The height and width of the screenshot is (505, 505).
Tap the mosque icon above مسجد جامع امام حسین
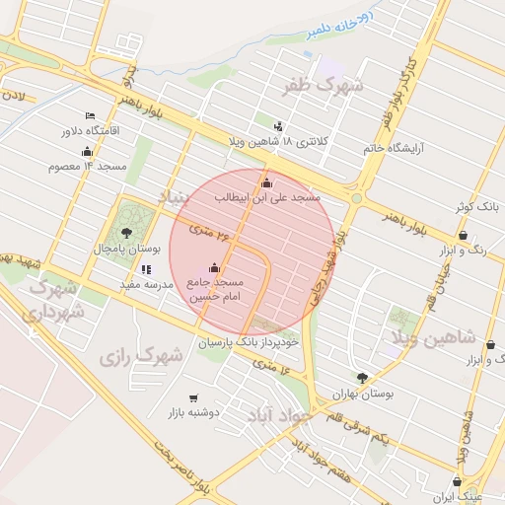click(215, 268)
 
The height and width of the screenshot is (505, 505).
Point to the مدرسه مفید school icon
click(147, 269)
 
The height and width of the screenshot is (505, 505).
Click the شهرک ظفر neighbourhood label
click(323, 86)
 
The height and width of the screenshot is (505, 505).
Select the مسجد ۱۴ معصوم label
click(87, 166)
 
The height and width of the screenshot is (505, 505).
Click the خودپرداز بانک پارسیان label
click(245, 342)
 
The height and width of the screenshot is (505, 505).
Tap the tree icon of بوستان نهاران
click(363, 377)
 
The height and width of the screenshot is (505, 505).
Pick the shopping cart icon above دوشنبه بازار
click(193, 397)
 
